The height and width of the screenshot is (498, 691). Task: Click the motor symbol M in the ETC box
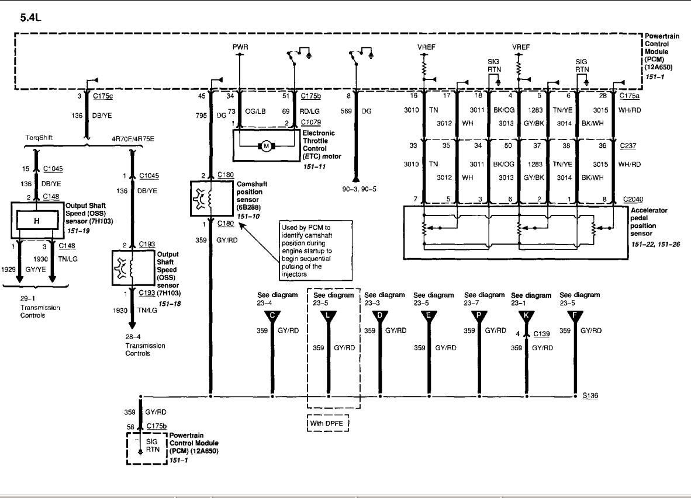266,146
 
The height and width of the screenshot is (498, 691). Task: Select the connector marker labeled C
272,316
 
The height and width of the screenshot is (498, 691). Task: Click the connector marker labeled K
526,316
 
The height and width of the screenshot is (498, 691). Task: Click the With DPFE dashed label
328,422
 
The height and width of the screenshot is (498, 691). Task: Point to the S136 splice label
589,396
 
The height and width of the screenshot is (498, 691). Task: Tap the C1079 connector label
310,123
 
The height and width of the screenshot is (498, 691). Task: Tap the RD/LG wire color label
310,110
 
